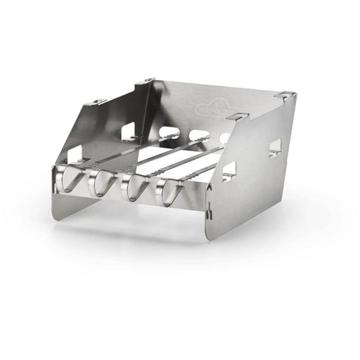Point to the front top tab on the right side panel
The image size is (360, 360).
tap(243, 116)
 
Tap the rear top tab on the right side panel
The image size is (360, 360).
tap(281, 94)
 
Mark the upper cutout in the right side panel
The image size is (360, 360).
tap(274, 147)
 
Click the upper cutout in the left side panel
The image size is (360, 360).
tap(129, 129)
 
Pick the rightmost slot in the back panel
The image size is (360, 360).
tap(225, 138)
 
